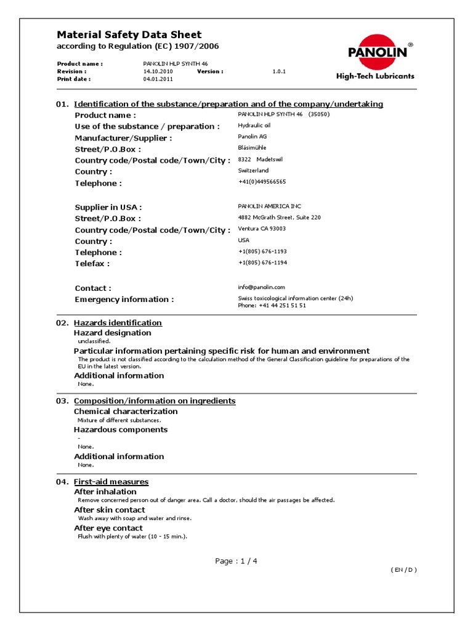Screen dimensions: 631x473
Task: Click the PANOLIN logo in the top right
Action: (x=378, y=53)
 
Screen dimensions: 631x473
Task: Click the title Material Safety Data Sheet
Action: (x=129, y=35)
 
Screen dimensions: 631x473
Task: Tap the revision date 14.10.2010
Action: (x=158, y=71)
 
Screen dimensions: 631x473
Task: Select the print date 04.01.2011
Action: (x=158, y=79)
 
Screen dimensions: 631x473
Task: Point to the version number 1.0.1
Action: (x=280, y=71)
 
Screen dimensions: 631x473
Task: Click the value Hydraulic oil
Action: (x=254, y=126)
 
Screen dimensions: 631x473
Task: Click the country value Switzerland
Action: (x=253, y=171)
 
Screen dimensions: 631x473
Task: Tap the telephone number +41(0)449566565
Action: (x=262, y=182)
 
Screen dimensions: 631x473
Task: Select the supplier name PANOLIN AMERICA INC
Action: (x=270, y=206)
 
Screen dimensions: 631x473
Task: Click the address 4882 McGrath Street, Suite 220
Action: (x=279, y=218)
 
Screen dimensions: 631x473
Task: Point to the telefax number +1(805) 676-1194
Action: (x=262, y=263)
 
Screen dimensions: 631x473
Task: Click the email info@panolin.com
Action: (x=261, y=287)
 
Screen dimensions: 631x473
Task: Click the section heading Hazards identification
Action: (x=118, y=323)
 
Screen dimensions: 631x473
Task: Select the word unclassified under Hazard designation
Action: (x=94, y=341)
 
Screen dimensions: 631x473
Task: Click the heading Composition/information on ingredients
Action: (x=155, y=401)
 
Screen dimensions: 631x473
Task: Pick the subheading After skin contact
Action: (x=110, y=510)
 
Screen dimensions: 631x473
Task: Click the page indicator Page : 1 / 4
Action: (x=236, y=561)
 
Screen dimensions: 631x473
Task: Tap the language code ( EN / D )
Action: (x=403, y=570)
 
